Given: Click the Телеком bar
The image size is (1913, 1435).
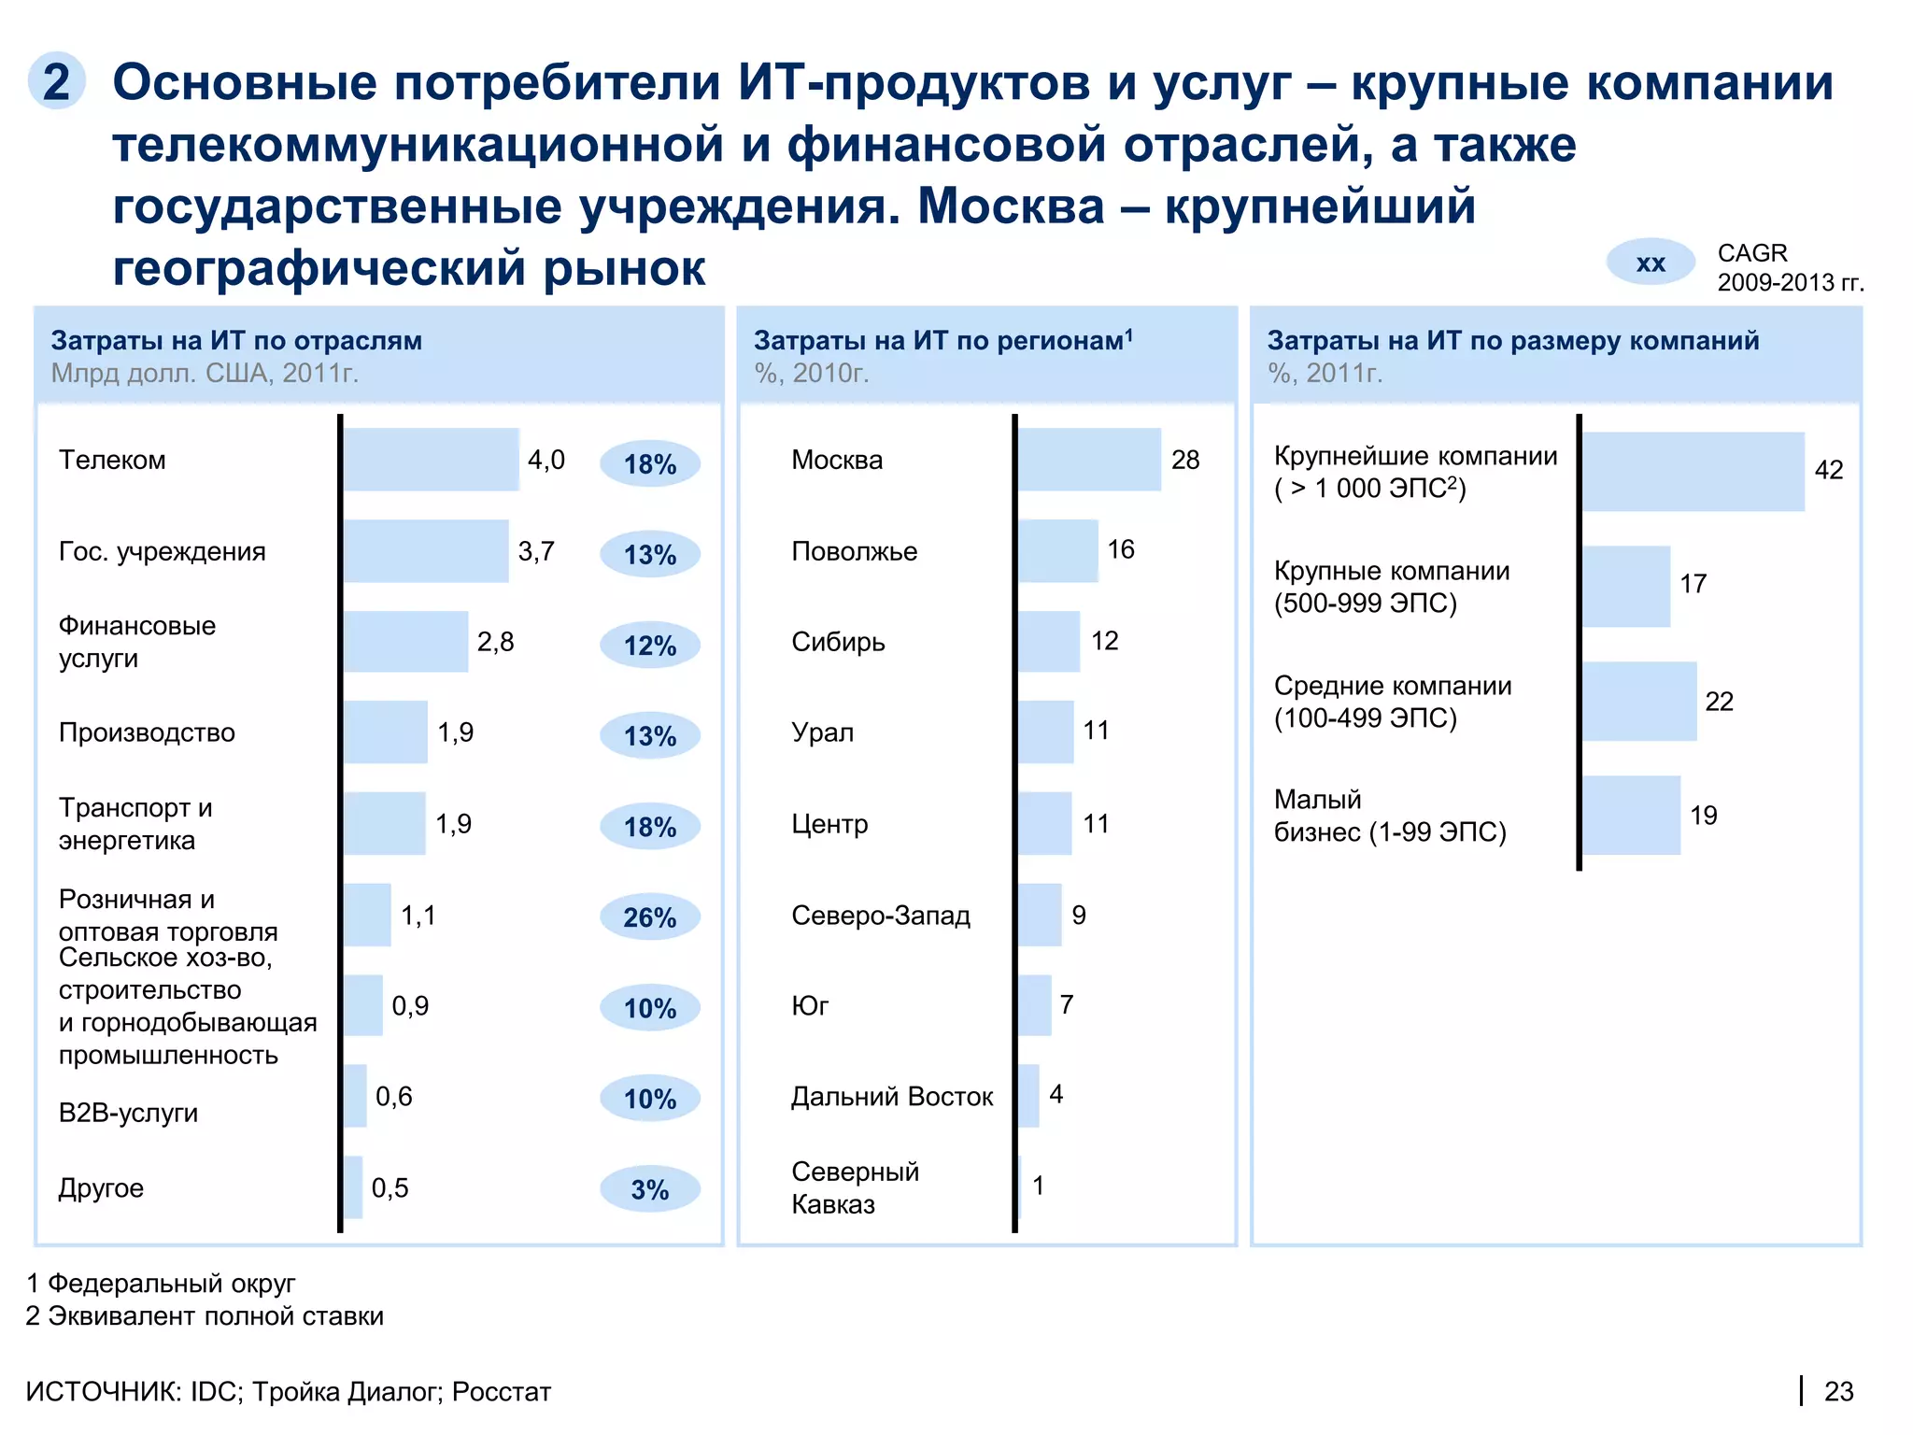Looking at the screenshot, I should click(x=431, y=460).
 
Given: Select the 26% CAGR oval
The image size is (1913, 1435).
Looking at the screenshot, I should click(x=650, y=917).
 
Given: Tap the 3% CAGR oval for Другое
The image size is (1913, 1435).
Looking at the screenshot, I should click(x=650, y=1189).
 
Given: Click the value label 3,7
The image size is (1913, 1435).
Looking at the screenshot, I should click(x=536, y=551).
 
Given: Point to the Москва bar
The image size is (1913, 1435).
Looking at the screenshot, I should click(x=1089, y=460).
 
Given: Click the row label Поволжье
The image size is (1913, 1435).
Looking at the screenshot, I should click(x=854, y=551).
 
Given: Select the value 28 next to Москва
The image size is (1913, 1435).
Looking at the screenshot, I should click(x=1185, y=460).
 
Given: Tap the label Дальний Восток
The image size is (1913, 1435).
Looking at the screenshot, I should click(x=892, y=1096).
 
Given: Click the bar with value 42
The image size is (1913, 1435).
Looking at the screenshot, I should click(x=1693, y=472).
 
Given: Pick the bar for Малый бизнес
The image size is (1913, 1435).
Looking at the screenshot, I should click(x=1631, y=815).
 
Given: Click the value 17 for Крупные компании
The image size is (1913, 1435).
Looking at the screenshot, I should click(x=1693, y=584).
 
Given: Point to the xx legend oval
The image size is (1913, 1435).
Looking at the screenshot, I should click(x=1651, y=263).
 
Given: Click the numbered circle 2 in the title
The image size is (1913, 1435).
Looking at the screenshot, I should click(x=57, y=81).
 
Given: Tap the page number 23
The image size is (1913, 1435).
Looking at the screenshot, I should click(x=1838, y=1391).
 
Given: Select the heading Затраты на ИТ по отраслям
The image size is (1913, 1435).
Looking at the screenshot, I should click(x=236, y=340).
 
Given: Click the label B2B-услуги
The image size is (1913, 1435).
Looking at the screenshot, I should click(x=128, y=1113).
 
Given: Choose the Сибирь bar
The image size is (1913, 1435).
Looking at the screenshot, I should click(x=1049, y=642).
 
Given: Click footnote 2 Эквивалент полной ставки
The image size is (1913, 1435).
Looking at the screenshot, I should click(x=205, y=1315).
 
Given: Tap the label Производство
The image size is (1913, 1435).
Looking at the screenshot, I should click(x=147, y=732).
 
